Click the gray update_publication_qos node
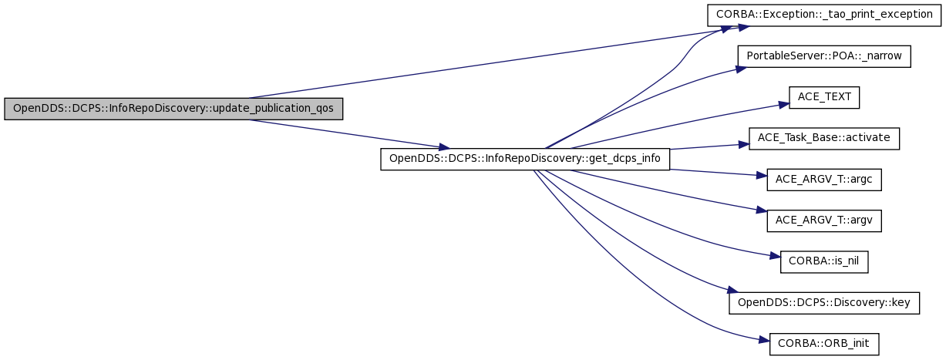click(x=173, y=109)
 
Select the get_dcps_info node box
click(x=525, y=159)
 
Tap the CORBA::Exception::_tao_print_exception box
click(x=824, y=15)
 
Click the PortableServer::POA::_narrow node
click(x=824, y=56)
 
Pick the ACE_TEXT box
click(x=824, y=97)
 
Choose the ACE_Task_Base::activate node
click(x=824, y=139)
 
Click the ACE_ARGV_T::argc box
click(x=824, y=180)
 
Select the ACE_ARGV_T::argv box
click(x=824, y=220)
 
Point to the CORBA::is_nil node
click(x=824, y=262)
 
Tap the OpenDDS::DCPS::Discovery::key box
click(x=824, y=303)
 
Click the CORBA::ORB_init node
click(x=824, y=344)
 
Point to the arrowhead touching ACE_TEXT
click(x=784, y=104)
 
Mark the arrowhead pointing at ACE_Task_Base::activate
click(x=744, y=145)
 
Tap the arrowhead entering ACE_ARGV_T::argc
click(x=762, y=175)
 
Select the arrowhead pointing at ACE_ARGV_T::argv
click(x=762, y=210)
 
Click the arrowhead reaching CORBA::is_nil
click(x=775, y=256)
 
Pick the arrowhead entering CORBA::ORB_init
click(x=764, y=340)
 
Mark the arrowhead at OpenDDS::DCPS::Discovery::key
click(x=732, y=291)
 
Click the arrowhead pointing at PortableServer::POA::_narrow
click(x=741, y=69)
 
